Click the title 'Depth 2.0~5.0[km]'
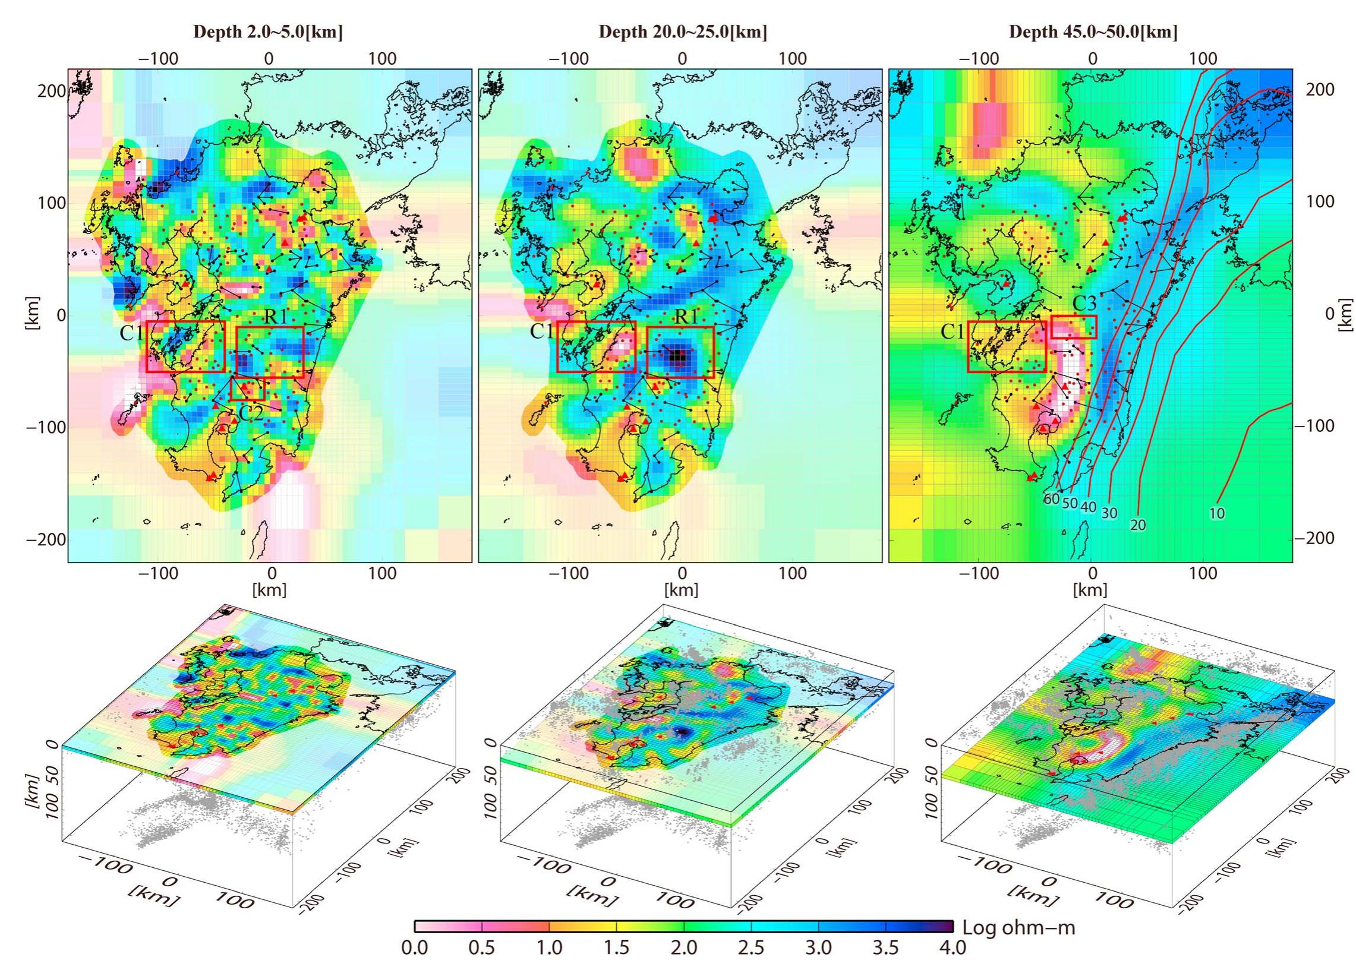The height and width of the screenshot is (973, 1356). [x=267, y=32]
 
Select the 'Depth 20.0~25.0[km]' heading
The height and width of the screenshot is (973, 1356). [x=683, y=32]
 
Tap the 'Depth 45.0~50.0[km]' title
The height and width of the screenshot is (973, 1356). [x=1093, y=32]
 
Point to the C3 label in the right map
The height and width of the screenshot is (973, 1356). [x=1084, y=304]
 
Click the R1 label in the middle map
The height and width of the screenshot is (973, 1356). [x=686, y=317]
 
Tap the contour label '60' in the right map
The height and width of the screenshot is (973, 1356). [x=1052, y=499]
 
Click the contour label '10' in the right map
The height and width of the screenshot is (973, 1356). [x=1216, y=513]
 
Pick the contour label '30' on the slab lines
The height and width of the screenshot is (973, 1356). [x=1109, y=513]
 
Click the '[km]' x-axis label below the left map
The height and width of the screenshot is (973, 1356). [x=270, y=590]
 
